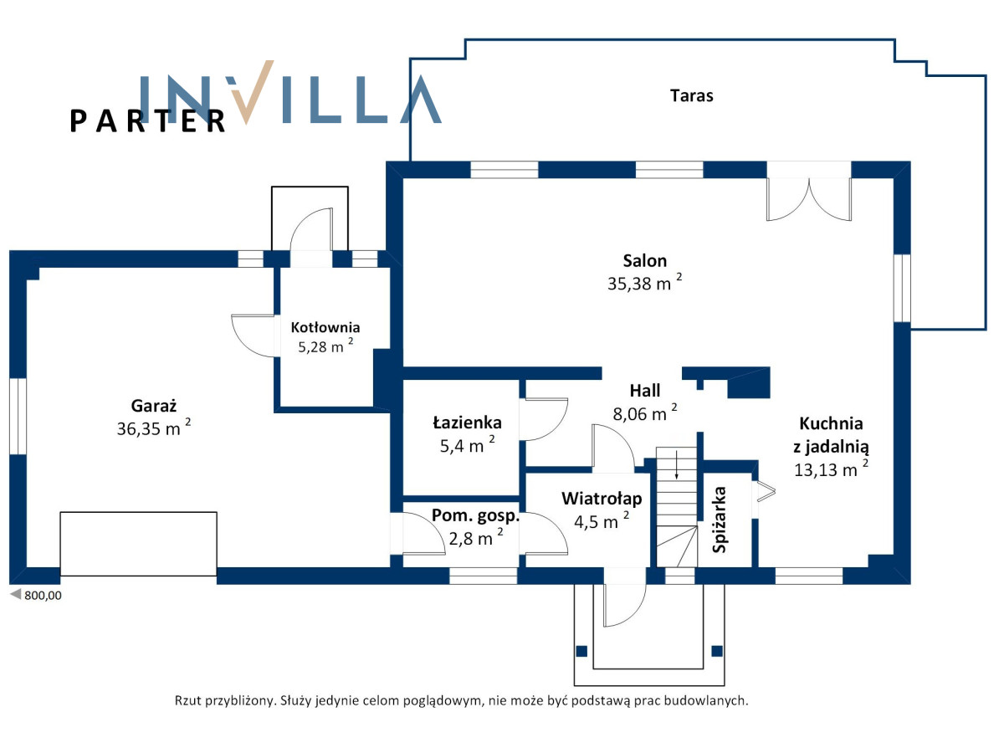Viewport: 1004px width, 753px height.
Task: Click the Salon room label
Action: pos(644,261)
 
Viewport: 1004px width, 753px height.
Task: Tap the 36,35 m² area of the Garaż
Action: pos(153,428)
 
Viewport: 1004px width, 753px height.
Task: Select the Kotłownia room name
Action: pos(325,327)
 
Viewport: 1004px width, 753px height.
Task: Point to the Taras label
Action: pos(691,95)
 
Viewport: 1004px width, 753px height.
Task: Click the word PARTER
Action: pos(147,121)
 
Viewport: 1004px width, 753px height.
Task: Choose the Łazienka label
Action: pos(467,423)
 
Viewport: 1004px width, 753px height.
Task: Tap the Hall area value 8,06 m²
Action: pos(644,413)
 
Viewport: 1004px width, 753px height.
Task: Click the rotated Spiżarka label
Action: pos(720,520)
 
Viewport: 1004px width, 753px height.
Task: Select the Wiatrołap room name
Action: pos(602,499)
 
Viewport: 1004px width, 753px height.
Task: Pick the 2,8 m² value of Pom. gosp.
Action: pos(476,538)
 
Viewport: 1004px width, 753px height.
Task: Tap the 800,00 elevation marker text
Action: pos(43,595)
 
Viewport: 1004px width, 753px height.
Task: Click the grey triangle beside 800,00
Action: pos(16,594)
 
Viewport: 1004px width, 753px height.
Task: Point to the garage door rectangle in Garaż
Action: pos(139,544)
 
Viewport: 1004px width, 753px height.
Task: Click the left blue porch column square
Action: pos(581,651)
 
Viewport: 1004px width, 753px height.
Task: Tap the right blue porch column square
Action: pos(717,651)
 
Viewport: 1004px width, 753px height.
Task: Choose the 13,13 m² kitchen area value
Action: pos(831,469)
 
